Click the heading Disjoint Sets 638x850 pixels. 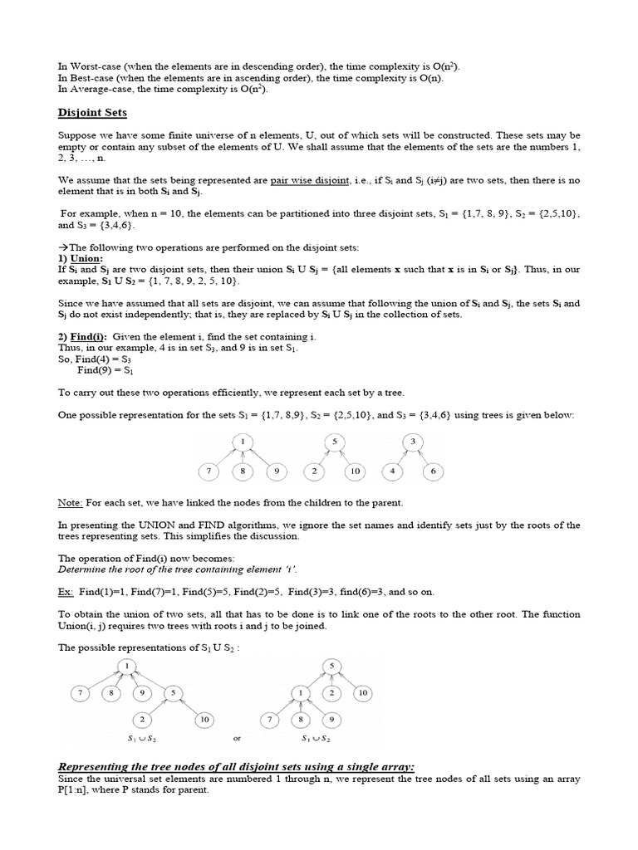pos(92,114)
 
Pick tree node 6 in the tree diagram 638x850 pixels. pos(433,471)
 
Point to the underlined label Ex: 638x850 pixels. pos(66,591)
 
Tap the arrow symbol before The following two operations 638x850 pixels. pos(62,247)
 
